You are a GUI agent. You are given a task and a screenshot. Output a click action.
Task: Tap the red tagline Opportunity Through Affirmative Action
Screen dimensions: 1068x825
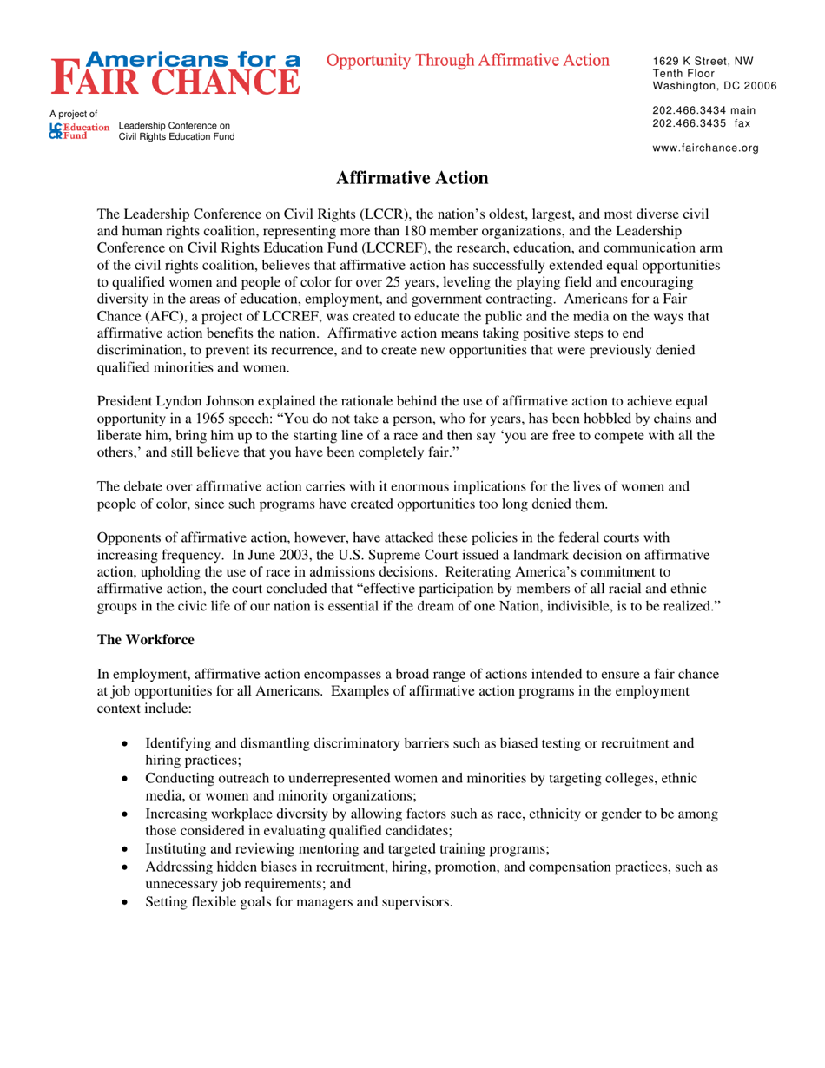coord(468,60)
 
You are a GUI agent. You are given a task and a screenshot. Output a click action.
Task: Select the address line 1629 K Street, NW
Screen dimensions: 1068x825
coord(703,62)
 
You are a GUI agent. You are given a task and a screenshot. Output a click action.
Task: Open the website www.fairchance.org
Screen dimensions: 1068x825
coord(705,148)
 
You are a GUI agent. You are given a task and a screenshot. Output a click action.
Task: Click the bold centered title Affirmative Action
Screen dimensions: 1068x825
coord(412,178)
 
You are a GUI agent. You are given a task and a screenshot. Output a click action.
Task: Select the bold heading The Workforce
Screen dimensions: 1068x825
coord(145,639)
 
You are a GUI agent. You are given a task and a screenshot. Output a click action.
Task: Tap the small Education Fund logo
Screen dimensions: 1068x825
coord(80,131)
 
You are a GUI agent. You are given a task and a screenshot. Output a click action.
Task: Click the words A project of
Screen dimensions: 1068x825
coord(73,114)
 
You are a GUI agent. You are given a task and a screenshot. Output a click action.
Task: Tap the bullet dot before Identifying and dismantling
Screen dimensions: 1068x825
coord(128,744)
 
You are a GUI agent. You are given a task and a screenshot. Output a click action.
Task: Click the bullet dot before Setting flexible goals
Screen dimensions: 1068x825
coord(128,902)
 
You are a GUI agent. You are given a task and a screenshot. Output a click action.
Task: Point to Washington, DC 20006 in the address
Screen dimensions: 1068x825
coord(714,86)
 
